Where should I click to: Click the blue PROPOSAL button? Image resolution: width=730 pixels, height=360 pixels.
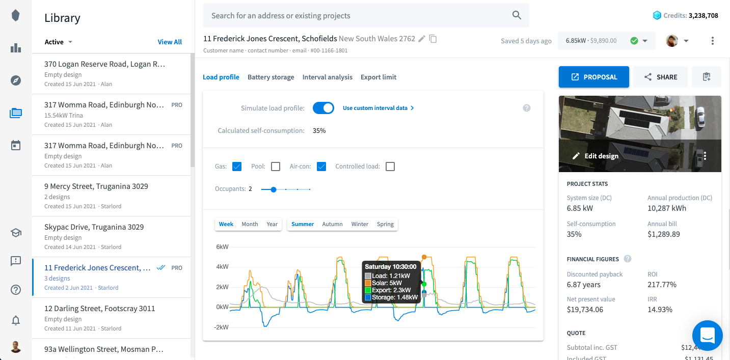(x=593, y=77)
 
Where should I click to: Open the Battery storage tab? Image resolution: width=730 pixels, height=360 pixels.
(x=271, y=77)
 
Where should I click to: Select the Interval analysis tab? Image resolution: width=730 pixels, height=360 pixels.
(x=327, y=77)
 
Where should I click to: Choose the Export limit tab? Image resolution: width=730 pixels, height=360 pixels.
(x=378, y=77)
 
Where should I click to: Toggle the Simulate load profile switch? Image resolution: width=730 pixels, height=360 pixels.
(x=323, y=108)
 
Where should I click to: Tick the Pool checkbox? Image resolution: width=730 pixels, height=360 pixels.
(x=276, y=167)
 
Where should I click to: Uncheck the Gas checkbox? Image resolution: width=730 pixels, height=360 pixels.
(x=236, y=167)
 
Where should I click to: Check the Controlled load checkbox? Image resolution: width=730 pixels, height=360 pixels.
(x=390, y=167)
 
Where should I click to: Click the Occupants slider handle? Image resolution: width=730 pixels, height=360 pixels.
(x=274, y=189)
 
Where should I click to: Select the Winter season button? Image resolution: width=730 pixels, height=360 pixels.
(x=360, y=224)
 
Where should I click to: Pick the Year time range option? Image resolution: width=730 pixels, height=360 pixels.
(x=272, y=224)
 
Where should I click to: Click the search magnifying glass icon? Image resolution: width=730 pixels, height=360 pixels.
(x=517, y=15)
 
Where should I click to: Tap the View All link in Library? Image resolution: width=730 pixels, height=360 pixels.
(x=170, y=42)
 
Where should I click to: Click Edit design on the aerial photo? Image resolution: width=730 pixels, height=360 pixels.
(x=596, y=156)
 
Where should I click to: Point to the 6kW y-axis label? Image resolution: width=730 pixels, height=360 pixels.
(x=222, y=247)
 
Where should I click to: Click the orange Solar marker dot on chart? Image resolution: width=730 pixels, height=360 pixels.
(x=424, y=257)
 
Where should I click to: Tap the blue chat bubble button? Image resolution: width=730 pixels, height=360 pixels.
(x=707, y=336)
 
